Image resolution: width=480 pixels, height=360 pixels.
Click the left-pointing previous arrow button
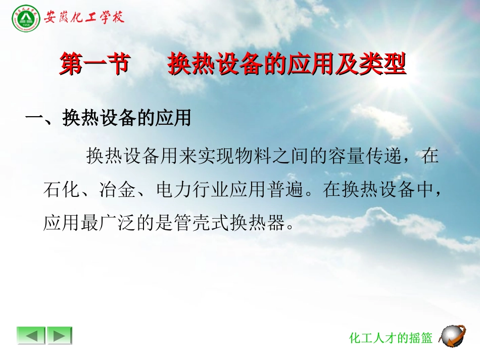(31, 335)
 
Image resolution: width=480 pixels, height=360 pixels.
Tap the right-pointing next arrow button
(60, 335)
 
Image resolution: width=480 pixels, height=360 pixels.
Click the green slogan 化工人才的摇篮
(391, 338)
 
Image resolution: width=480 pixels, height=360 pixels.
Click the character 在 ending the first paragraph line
(430, 157)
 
